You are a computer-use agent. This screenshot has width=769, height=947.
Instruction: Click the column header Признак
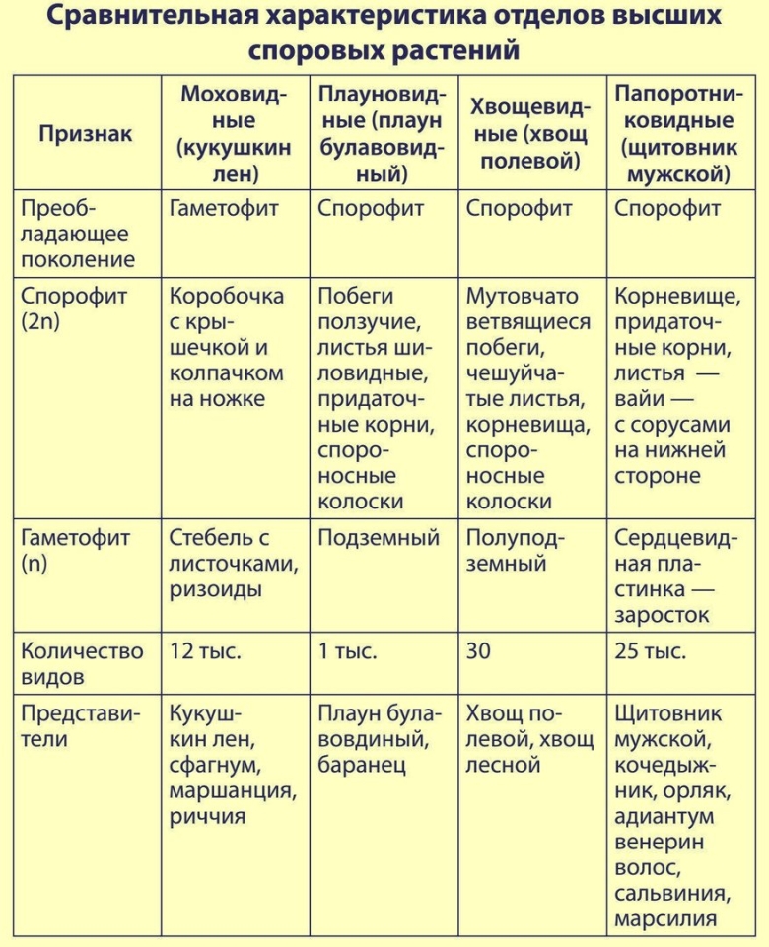(x=85, y=134)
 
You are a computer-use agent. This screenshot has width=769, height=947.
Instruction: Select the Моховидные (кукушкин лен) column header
(x=234, y=134)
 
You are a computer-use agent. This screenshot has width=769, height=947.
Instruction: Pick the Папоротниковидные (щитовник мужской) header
(x=678, y=134)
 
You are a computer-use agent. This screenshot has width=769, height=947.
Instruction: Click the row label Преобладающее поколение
(x=77, y=235)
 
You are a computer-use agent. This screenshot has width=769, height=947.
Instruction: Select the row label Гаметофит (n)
(x=75, y=552)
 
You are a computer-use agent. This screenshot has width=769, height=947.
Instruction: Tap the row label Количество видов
(x=82, y=664)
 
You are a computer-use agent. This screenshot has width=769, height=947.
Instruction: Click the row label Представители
(x=81, y=725)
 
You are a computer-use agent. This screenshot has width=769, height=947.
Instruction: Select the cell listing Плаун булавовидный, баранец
(x=381, y=738)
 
